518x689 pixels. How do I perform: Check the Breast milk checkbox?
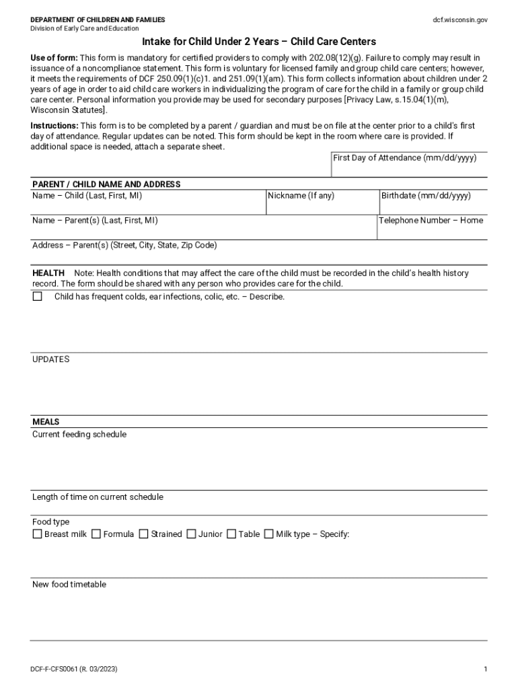(x=38, y=534)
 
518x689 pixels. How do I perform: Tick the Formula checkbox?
(x=96, y=534)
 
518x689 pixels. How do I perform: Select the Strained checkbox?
(x=144, y=534)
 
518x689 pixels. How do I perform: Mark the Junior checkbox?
(x=192, y=534)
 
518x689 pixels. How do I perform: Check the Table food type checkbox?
(x=231, y=534)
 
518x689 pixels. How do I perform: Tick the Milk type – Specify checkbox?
(x=269, y=534)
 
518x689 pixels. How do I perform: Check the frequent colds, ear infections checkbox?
(x=38, y=297)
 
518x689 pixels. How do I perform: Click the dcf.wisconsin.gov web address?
(x=460, y=20)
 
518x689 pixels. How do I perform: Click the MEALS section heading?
(x=46, y=422)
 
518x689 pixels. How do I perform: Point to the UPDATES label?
(x=50, y=359)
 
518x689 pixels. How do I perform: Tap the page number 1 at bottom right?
(x=485, y=669)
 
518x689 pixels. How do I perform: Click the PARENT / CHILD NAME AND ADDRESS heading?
(x=106, y=184)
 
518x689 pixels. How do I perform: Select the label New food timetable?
(x=69, y=585)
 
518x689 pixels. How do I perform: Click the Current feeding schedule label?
(x=79, y=435)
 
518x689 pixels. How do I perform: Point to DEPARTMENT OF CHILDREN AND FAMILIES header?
(x=98, y=20)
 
